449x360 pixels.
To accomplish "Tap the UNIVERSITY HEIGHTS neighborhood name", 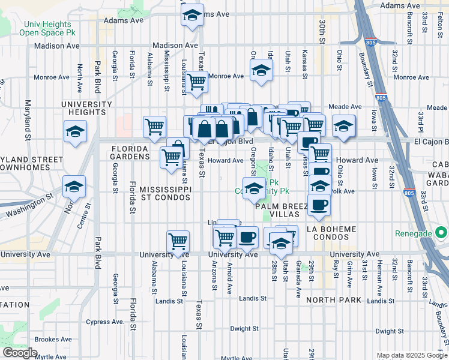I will click(x=86, y=108).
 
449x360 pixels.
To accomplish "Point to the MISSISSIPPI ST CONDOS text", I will click(x=165, y=193).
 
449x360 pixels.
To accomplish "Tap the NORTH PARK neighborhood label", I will click(x=333, y=299).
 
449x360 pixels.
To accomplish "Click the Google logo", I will click(x=20, y=353).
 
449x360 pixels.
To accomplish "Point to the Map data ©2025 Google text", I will click(x=411, y=355).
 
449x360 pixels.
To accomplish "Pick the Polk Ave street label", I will click(x=344, y=191).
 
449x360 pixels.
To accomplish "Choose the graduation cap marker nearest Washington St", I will click(x=75, y=187).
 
